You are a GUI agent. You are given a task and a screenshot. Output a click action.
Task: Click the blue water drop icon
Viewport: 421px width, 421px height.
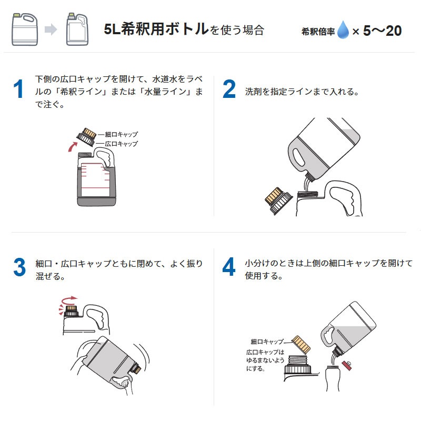point(343,31)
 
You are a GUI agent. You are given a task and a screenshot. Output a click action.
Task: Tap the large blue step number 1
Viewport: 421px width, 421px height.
point(19,89)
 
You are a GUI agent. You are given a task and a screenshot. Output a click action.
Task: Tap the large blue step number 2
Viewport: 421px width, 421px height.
point(229,89)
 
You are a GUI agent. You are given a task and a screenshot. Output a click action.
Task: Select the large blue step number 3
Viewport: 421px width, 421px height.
point(19,267)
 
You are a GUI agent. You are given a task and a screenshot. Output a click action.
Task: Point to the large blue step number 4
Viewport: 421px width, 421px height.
point(229,267)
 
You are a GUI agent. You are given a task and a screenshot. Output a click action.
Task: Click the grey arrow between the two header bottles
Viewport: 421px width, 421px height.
point(51,30)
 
